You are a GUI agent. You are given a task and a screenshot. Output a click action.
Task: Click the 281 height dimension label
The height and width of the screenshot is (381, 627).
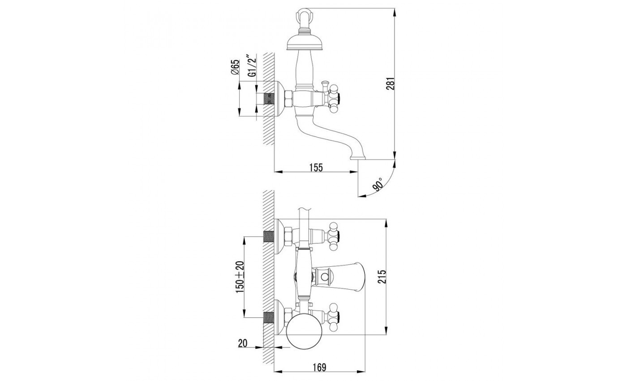390,83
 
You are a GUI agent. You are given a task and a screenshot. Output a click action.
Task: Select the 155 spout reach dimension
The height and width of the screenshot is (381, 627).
316,168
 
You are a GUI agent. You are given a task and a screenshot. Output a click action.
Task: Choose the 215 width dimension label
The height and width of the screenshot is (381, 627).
382,277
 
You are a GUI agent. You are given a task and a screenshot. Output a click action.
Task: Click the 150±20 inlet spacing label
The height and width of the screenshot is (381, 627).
240,277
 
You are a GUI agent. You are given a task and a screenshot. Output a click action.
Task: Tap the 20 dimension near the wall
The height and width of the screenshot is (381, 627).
243,343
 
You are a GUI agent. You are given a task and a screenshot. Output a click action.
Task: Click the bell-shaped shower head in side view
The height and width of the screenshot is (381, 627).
305,43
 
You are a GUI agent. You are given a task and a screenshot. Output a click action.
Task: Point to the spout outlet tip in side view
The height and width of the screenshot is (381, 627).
358,158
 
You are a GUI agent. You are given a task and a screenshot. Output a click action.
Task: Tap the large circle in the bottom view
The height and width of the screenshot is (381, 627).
305,333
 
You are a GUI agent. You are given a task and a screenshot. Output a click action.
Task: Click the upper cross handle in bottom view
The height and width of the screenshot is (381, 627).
334,236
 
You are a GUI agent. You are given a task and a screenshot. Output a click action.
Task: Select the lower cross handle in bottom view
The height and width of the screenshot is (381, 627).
334,317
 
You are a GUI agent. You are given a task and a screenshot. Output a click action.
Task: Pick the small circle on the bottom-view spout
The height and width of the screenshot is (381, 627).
324,277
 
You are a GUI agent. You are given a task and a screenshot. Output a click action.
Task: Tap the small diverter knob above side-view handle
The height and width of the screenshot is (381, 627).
325,86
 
